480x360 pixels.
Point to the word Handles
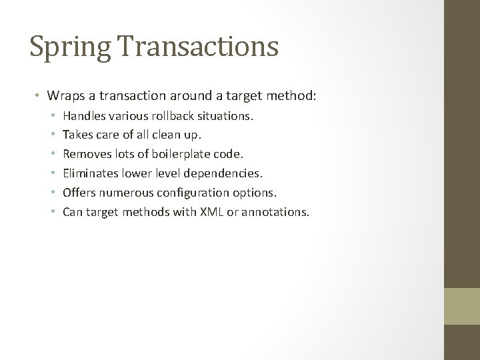click(83, 116)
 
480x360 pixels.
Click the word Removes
click(85, 155)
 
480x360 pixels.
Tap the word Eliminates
click(90, 174)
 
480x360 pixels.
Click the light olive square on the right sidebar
click(462, 306)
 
